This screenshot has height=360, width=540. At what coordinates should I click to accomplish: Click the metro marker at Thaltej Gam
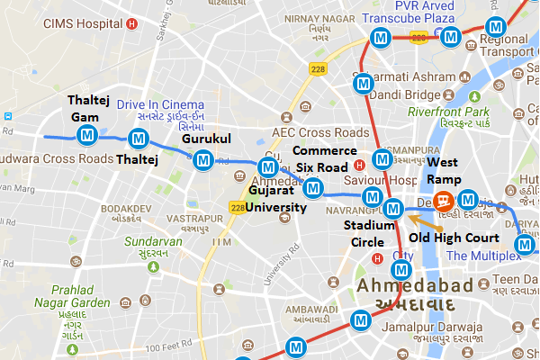pyautogui.click(x=87, y=136)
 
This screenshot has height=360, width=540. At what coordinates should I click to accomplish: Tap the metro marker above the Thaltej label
pyautogui.click(x=138, y=139)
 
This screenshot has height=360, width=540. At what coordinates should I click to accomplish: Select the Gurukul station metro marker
pyautogui.click(x=203, y=160)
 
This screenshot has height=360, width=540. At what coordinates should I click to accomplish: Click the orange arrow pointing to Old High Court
pyautogui.click(x=416, y=221)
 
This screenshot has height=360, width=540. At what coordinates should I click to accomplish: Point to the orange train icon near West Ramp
pyautogui.click(x=443, y=200)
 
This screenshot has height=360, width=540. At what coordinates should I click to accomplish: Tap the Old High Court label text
pyautogui.click(x=454, y=238)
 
